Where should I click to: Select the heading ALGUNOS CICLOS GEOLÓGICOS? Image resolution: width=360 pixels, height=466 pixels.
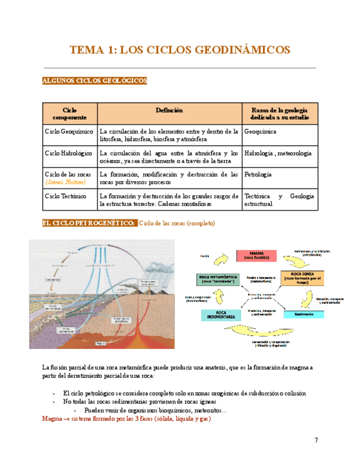95,81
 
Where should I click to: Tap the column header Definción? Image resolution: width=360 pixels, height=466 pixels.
169,110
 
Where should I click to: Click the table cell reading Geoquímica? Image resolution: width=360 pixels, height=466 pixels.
260,132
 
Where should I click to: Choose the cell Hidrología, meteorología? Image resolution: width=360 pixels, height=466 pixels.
278,153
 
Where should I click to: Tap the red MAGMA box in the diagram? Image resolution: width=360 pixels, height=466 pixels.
256,256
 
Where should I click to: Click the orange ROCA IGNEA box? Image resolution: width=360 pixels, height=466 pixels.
302,276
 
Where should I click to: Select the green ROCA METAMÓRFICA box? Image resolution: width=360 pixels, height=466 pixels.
215,279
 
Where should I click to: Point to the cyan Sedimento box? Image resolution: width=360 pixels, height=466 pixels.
303,314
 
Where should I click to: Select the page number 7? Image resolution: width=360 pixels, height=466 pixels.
316,440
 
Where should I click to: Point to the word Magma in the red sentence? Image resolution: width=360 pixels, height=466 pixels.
53,419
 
